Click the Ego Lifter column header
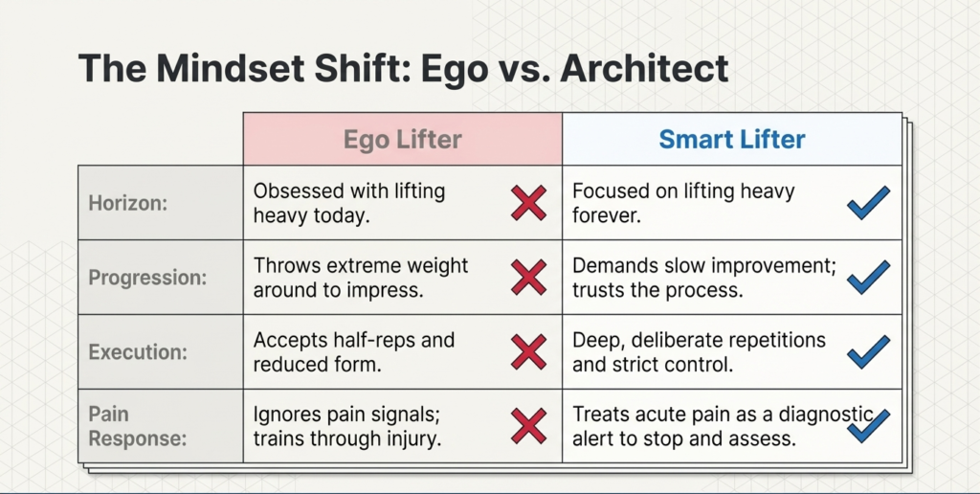pos(402,140)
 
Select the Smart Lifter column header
pos(731,140)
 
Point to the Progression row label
pos(147,278)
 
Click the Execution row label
pos(137,351)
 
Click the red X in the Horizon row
pos(528,203)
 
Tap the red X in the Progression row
pos(528,278)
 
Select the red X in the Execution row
pos(528,352)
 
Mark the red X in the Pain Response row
pos(528,426)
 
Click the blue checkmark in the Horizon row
pos(868,203)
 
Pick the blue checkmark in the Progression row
pos(868,278)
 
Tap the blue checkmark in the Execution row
pos(868,351)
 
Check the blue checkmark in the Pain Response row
pos(868,425)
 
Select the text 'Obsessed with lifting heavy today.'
pos(348,203)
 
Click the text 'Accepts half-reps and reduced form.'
pos(353,351)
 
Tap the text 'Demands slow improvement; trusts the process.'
pos(703,278)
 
